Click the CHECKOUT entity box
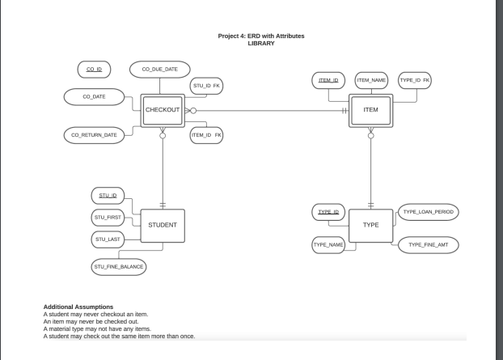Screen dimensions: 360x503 [x=163, y=109]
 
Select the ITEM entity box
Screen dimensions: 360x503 [x=370, y=109]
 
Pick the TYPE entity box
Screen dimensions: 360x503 [x=370, y=224]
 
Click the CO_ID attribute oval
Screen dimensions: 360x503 [x=94, y=70]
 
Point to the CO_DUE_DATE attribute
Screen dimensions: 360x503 [x=159, y=70]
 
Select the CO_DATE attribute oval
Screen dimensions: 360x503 [x=93, y=97]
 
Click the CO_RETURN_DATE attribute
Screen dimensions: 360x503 [x=94, y=135]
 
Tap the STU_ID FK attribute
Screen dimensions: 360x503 [x=206, y=87]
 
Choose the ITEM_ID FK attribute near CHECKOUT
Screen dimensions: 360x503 [x=206, y=135]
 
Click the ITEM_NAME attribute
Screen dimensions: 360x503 [x=372, y=80]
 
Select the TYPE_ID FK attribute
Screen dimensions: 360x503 [x=415, y=80]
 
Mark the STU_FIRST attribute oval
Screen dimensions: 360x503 [x=108, y=217]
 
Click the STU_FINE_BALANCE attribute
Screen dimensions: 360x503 [x=119, y=265]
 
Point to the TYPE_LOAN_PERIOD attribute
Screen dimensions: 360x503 [x=428, y=212]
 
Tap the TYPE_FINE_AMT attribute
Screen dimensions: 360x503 [x=428, y=244]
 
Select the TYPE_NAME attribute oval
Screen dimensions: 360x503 [x=328, y=244]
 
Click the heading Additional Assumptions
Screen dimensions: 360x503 [x=78, y=307]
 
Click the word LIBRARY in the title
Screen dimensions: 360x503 [x=261, y=43]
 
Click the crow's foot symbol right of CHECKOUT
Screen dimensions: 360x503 [x=190, y=109]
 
